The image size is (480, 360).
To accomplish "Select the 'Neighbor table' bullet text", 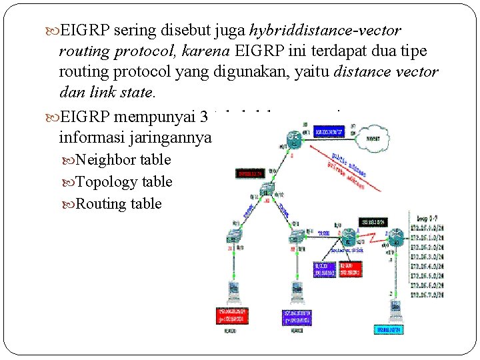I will point(123,160).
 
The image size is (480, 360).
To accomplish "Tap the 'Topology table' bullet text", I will point(124,182).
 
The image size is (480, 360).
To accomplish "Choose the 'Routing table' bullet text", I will point(119,204).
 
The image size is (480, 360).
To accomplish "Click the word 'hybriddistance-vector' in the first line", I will point(325,31).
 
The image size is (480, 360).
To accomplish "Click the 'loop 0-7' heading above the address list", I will point(427,217).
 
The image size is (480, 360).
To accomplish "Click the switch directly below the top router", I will point(268,189).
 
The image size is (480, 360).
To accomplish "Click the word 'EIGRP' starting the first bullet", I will point(86,31).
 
